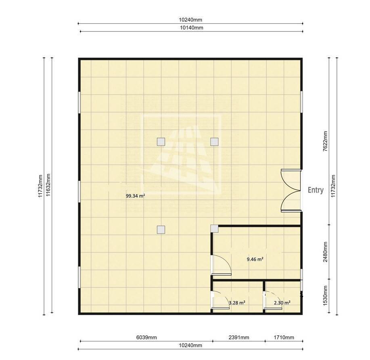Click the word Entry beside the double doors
click(316, 190)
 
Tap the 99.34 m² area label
click(135, 196)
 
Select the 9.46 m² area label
click(255, 259)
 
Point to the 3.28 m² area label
click(237, 303)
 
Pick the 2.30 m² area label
click(282, 303)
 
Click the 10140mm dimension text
click(192, 27)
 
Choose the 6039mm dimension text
click(146, 337)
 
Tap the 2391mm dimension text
click(239, 337)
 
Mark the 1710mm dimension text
click(284, 337)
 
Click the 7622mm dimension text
click(325, 141)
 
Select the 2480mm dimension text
click(325, 252)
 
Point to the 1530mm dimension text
click(325, 295)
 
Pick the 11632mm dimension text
click(48, 185)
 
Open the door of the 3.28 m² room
click(220, 300)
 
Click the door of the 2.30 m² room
click(273, 300)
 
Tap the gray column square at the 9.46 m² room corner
click(215, 228)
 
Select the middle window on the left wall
click(79, 192)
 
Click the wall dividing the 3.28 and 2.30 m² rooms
click(264, 297)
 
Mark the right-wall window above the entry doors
click(301, 102)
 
